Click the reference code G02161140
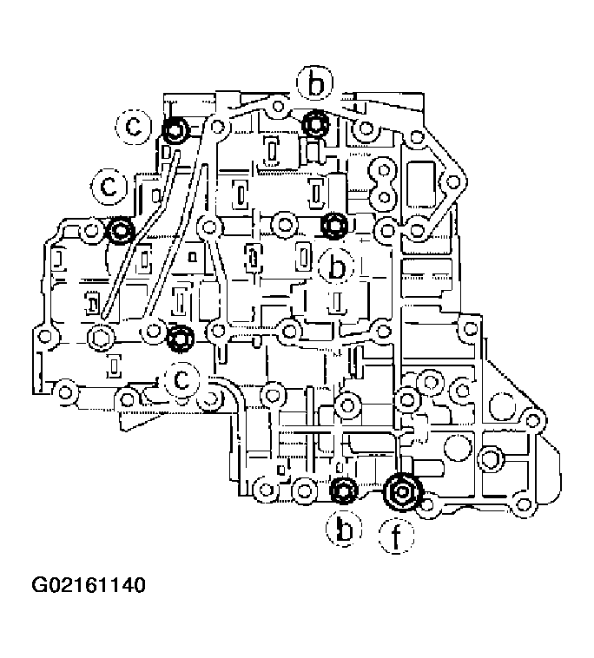pyautogui.click(x=89, y=585)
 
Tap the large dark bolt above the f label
pyautogui.click(x=402, y=492)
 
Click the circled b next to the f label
pyautogui.click(x=345, y=529)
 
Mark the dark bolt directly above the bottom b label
pyautogui.click(x=345, y=490)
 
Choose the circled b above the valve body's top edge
pyautogui.click(x=314, y=84)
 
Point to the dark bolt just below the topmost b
pyautogui.click(x=315, y=124)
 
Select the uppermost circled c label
pyautogui.click(x=135, y=127)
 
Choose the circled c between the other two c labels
pyautogui.click(x=110, y=185)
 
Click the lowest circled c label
pyautogui.click(x=183, y=379)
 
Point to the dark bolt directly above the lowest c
pyautogui.click(x=180, y=338)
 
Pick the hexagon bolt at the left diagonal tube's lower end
pyautogui.click(x=101, y=337)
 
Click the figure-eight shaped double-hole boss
pyautogui.click(x=381, y=181)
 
